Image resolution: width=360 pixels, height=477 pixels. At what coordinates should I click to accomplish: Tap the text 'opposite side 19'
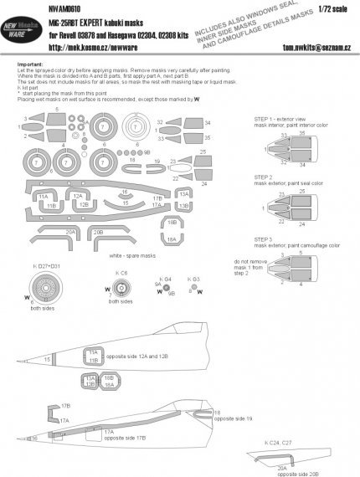[238, 418]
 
